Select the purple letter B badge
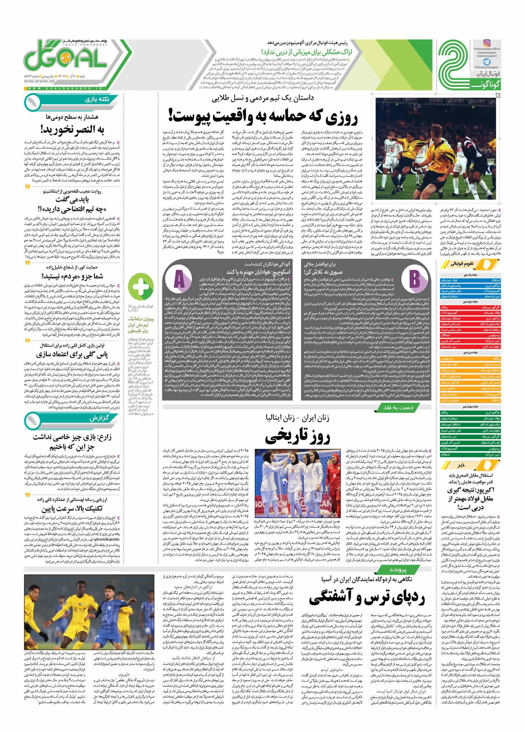click(414, 278)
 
